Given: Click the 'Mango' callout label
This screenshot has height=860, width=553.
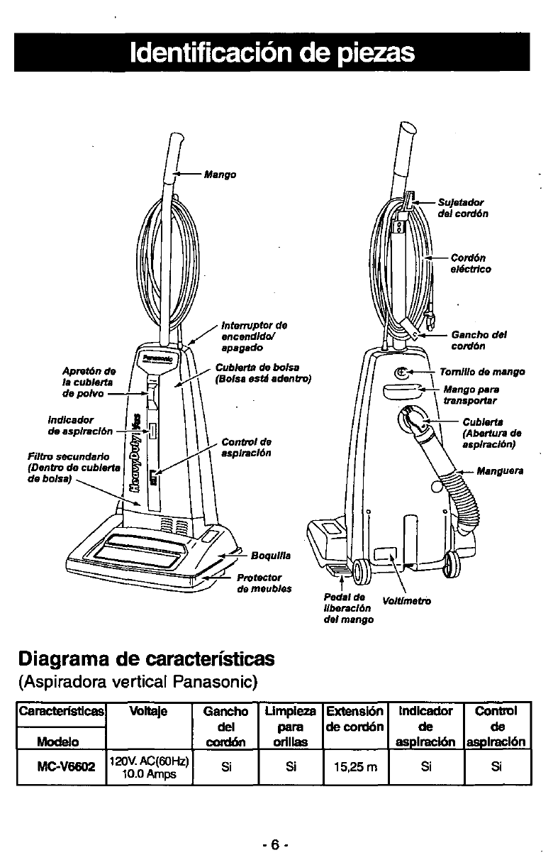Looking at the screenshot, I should point(219,174).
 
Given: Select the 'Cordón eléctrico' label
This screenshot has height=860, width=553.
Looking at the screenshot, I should point(470,263).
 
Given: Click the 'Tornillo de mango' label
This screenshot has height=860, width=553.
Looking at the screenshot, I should point(481,372).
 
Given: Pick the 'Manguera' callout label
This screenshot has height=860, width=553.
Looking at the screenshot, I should point(500,470).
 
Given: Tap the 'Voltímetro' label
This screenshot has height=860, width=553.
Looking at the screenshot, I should point(406,601).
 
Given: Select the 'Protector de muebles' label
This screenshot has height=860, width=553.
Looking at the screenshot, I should point(259,583).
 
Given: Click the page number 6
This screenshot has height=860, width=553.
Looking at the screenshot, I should point(273,827).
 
